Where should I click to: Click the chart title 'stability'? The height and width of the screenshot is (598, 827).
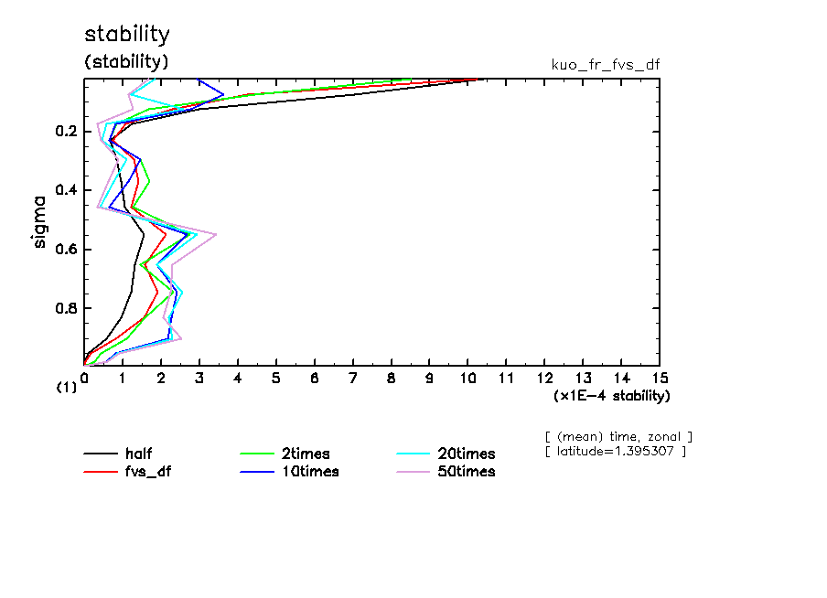127,35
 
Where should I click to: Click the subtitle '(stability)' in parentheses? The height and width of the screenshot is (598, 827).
127,62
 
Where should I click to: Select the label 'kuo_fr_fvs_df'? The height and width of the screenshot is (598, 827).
606,65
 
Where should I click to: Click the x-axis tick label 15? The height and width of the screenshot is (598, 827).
659,378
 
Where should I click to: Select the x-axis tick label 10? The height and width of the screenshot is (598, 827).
467,378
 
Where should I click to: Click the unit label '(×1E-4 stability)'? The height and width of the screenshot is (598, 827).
612,396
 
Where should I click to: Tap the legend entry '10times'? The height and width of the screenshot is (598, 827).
309,472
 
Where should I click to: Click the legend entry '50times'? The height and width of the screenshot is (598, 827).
466,472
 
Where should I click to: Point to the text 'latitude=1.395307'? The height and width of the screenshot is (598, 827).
616,452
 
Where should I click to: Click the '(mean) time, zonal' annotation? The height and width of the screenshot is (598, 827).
618,436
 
